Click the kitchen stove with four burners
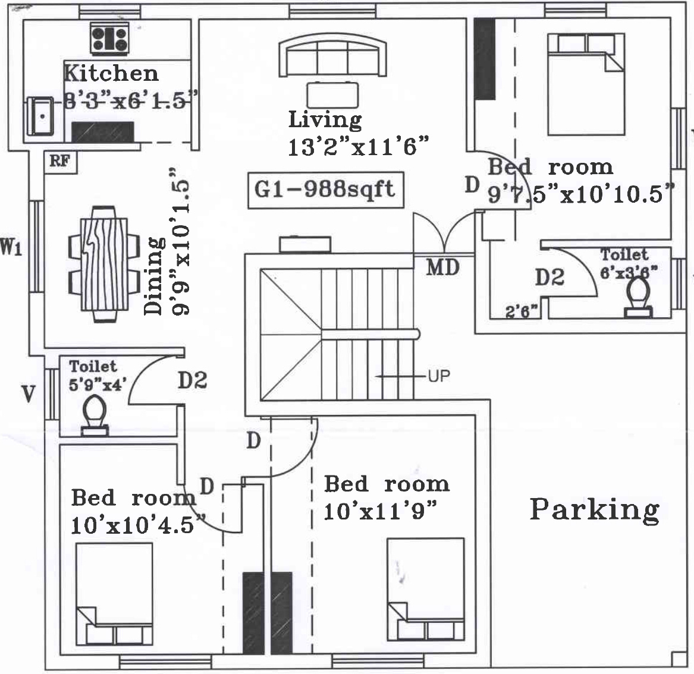[109, 39]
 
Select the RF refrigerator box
[60, 161]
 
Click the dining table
[99, 264]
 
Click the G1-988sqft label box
[325, 190]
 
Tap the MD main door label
[443, 267]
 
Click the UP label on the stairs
[438, 376]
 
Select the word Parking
[594, 510]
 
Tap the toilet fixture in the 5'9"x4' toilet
[94, 416]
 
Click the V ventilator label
[27, 394]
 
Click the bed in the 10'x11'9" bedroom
[425, 588]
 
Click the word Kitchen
[111, 73]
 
